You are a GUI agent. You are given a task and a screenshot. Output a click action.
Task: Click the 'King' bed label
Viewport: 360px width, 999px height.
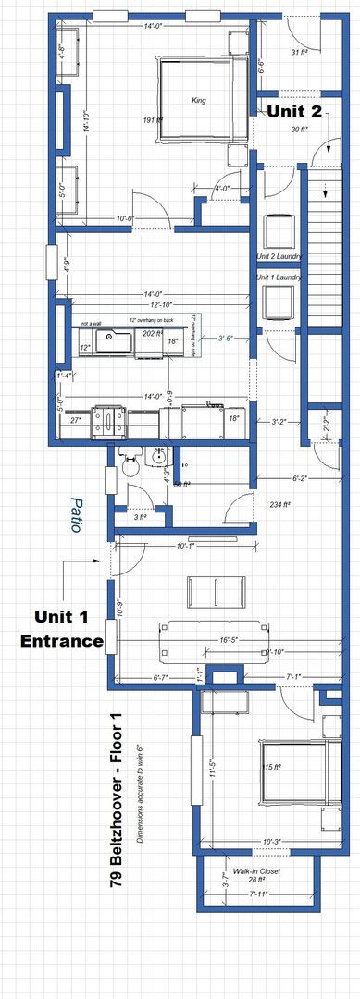(x=198, y=100)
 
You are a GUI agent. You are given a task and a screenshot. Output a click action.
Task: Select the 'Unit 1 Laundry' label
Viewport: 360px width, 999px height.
(x=279, y=277)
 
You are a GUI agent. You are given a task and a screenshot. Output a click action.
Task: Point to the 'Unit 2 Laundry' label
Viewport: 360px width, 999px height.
(x=279, y=256)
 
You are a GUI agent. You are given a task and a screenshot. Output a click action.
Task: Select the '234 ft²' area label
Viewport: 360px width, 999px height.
(x=279, y=505)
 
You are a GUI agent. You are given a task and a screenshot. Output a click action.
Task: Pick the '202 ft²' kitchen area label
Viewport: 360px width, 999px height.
(x=153, y=333)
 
